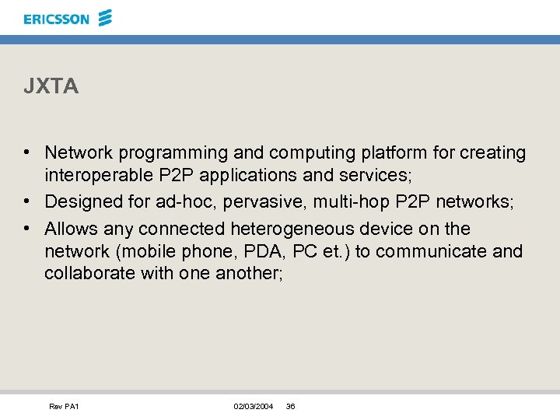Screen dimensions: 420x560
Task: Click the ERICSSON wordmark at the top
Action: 57,19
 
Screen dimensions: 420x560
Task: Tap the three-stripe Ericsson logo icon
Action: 106,17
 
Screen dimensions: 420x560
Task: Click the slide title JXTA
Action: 51,87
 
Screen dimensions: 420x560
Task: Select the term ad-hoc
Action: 177,202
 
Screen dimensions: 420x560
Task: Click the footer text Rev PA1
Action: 64,407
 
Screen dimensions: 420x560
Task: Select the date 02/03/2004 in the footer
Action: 254,407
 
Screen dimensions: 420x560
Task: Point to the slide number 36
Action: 291,407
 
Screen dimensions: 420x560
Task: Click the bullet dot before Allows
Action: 27,229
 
